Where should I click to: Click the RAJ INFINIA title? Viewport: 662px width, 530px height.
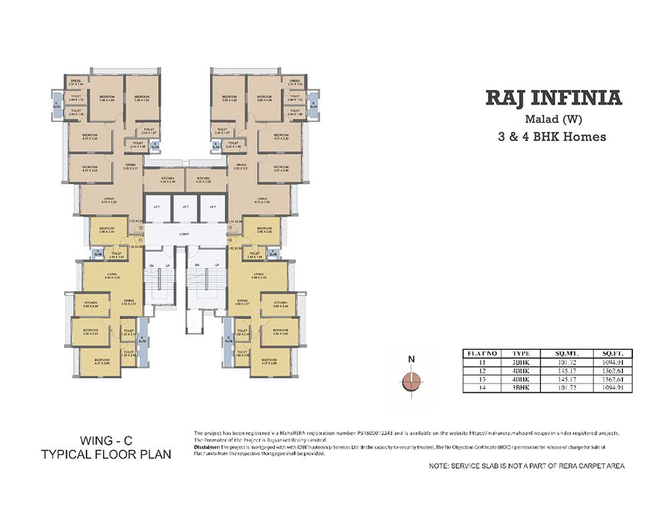[554, 98]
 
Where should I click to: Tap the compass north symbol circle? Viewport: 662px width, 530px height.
[411, 382]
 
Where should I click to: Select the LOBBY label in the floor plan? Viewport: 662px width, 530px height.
[184, 234]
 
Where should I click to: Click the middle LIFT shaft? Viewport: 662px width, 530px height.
[184, 207]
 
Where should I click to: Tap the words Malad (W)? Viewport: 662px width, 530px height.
[553, 120]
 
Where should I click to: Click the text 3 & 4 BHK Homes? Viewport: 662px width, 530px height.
[553, 137]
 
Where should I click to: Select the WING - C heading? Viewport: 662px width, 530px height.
[105, 441]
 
